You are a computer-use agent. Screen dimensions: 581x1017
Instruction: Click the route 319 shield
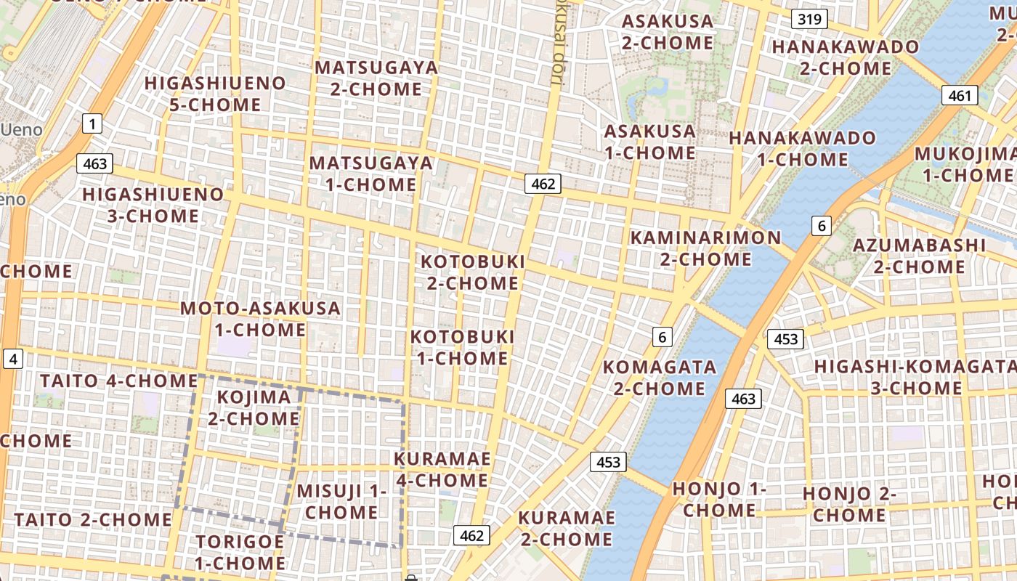(x=809, y=19)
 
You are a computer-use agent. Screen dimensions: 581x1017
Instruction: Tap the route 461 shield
(x=960, y=95)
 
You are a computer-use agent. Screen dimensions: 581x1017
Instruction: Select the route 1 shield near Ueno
(x=92, y=124)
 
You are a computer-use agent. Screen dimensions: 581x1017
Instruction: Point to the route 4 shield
(x=14, y=358)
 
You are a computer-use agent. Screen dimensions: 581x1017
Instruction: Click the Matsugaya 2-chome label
(x=376, y=78)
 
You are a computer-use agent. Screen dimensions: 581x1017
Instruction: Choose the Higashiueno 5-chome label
(x=215, y=94)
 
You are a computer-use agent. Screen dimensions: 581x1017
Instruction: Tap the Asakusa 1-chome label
(x=650, y=142)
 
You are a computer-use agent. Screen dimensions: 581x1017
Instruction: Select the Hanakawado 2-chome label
(x=846, y=57)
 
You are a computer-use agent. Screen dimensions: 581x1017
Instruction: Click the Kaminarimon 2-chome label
(x=705, y=248)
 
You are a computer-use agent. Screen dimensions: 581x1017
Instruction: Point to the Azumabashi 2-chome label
(x=919, y=256)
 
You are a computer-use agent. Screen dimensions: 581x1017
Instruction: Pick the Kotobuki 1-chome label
(x=462, y=348)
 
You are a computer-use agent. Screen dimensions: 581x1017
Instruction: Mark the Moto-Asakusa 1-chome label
(x=260, y=319)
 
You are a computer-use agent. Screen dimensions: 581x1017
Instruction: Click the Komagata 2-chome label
(x=660, y=377)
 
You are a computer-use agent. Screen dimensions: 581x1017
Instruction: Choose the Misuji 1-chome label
(x=341, y=502)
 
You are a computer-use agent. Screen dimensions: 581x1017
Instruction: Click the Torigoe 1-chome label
(x=240, y=552)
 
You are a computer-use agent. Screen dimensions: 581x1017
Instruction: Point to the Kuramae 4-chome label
(x=442, y=470)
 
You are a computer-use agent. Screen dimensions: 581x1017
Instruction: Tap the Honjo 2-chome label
(x=849, y=505)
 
